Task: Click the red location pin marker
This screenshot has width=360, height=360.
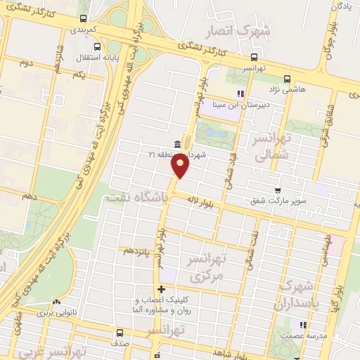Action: pos(181,167)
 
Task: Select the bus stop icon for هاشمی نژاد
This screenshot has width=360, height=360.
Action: pos(286,79)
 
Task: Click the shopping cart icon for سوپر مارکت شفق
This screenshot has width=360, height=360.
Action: pos(278,190)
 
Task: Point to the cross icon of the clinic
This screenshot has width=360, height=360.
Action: pos(162,289)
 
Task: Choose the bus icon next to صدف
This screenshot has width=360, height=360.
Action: pos(119,333)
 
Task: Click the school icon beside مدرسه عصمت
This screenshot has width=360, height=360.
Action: pos(303,325)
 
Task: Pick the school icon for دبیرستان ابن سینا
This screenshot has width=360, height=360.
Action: pos(240,93)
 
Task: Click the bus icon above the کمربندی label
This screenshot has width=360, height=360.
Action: pos(84,19)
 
